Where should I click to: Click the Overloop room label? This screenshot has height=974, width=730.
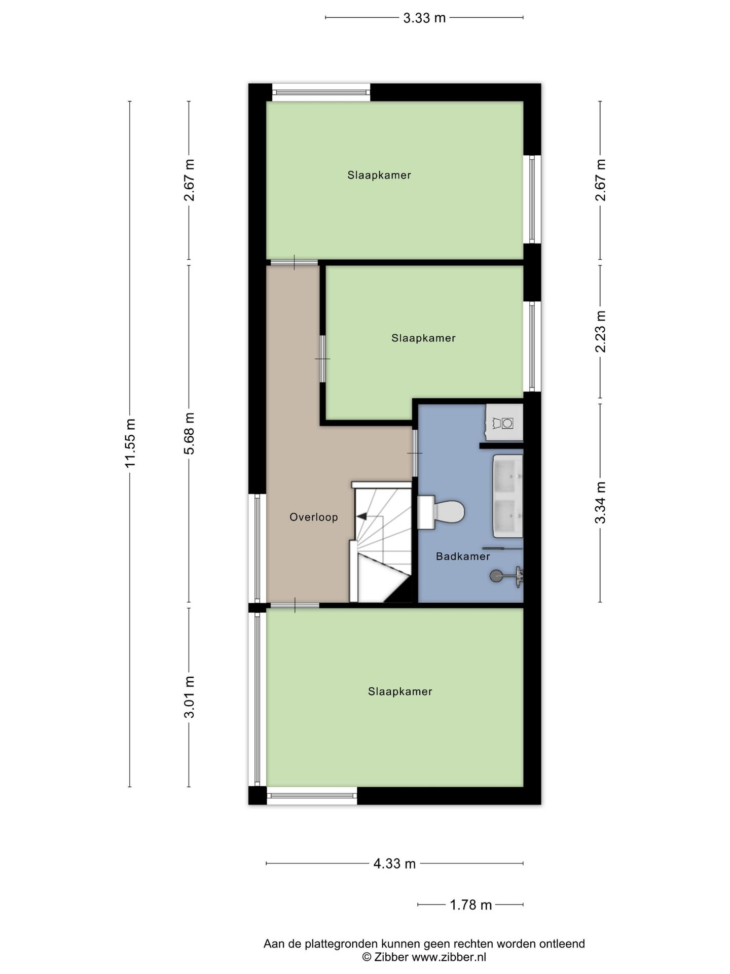[313, 517]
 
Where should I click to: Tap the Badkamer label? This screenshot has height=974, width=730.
[463, 556]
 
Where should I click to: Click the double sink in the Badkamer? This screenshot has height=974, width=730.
[507, 496]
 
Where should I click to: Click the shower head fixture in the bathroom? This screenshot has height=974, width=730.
[497, 575]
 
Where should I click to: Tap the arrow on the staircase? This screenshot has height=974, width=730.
[361, 516]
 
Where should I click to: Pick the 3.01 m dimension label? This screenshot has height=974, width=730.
[189, 697]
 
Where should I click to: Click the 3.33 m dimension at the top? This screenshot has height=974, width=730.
[424, 18]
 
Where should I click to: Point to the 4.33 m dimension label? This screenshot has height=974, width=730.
[394, 863]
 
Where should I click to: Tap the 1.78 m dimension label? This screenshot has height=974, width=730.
[471, 905]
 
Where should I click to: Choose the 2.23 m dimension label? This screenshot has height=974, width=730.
[601, 331]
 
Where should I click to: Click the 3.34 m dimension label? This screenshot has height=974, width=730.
[601, 502]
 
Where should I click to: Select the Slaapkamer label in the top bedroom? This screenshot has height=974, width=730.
[379, 175]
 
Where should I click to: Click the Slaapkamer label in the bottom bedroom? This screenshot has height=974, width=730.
[400, 691]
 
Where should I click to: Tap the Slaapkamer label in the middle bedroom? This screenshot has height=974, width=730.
[423, 338]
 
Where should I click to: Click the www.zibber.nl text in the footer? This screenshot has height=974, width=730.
[449, 957]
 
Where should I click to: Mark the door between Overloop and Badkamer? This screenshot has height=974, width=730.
[415, 453]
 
